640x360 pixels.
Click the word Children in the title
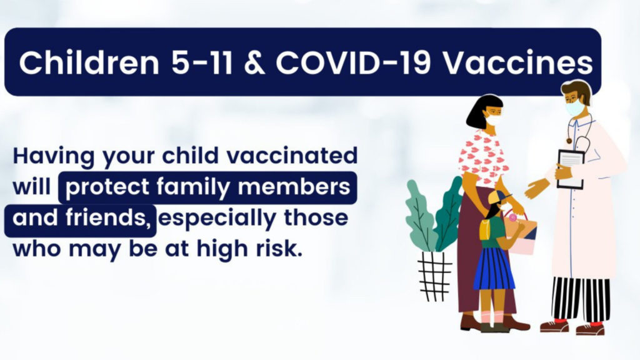[89, 62]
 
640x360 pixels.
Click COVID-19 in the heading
[354, 63]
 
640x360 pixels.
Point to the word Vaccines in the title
[518, 63]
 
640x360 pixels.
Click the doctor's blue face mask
[575, 107]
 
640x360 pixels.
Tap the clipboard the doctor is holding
[571, 169]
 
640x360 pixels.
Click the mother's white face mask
[494, 119]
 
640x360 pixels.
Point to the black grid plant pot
[435, 276]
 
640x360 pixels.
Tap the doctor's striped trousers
[581, 299]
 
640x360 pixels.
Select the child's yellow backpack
[484, 230]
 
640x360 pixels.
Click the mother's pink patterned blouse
[483, 157]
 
